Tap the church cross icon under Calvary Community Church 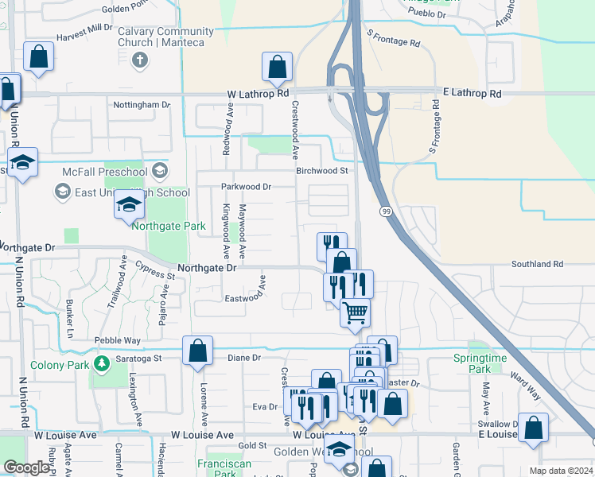pyautogui.click(x=140, y=60)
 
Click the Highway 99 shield pyautogui.click(x=386, y=211)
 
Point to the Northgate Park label pyautogui.click(x=169, y=227)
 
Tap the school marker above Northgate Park pyautogui.click(x=129, y=205)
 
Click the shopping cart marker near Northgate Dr pyautogui.click(x=355, y=312)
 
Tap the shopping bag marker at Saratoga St pyautogui.click(x=197, y=351)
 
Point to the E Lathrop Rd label pyautogui.click(x=472, y=94)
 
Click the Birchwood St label pyautogui.click(x=322, y=170)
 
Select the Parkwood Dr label pyautogui.click(x=246, y=187)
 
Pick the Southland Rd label pyautogui.click(x=537, y=264)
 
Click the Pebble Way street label pyautogui.click(x=117, y=340)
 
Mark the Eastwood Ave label pyautogui.click(x=244, y=298)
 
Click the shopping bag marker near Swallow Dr pyautogui.click(x=533, y=427)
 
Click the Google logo pyautogui.click(x=27, y=467)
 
